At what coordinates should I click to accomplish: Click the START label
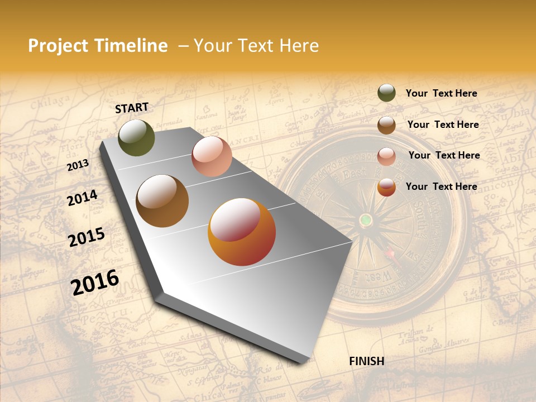point(132,108)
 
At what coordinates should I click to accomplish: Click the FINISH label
point(366,361)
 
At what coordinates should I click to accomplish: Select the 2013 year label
point(78,165)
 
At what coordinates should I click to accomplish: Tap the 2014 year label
point(82,198)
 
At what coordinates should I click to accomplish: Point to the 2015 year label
point(86,237)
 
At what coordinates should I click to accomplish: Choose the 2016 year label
point(95,282)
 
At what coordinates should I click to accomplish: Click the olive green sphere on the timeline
point(136,138)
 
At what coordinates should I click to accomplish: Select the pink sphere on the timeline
point(212,156)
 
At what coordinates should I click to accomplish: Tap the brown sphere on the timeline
point(162,201)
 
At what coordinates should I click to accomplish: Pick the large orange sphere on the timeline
point(242,232)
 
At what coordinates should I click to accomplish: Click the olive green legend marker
point(386,93)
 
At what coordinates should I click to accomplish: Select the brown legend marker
point(386,125)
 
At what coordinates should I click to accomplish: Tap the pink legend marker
point(386,156)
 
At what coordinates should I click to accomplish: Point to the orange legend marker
point(386,187)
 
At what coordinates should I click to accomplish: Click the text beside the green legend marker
point(441,93)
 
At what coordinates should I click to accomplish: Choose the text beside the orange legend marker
point(441,186)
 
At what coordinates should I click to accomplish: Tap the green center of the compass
point(365,219)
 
